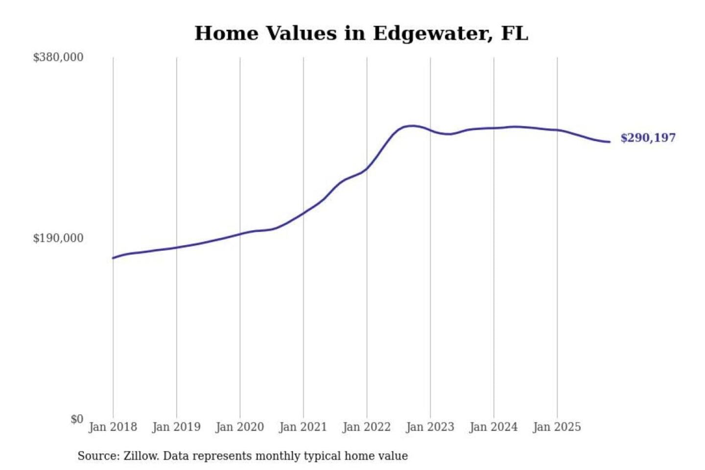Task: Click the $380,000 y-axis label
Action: pos(58,57)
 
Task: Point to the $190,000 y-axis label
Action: pos(58,238)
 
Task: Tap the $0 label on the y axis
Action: pos(77,419)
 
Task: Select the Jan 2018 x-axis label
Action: pos(113,427)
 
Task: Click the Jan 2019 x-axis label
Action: pos(176,427)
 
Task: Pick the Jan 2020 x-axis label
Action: pos(240,427)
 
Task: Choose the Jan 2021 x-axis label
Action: pos(303,427)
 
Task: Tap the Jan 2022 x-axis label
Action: pos(367,427)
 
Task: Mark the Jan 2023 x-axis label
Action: pos(430,427)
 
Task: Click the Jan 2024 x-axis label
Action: pos(493,427)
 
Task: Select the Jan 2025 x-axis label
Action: pos(557,427)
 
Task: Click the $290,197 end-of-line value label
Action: pos(648,138)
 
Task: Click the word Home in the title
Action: pos(226,33)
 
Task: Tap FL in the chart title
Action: pos(515,33)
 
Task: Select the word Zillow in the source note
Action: pos(141,456)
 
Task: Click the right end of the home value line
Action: pos(610,142)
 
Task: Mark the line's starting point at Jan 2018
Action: pos(113,258)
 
